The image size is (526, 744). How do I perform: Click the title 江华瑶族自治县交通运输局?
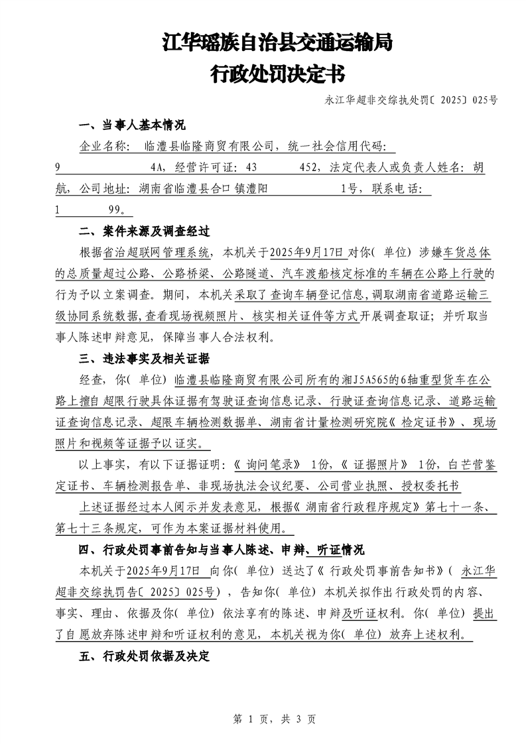[x=278, y=44]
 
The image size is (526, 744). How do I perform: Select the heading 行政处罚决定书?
[x=278, y=73]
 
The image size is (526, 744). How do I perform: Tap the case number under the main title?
[x=411, y=101]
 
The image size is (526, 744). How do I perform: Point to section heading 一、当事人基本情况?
[x=131, y=125]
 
